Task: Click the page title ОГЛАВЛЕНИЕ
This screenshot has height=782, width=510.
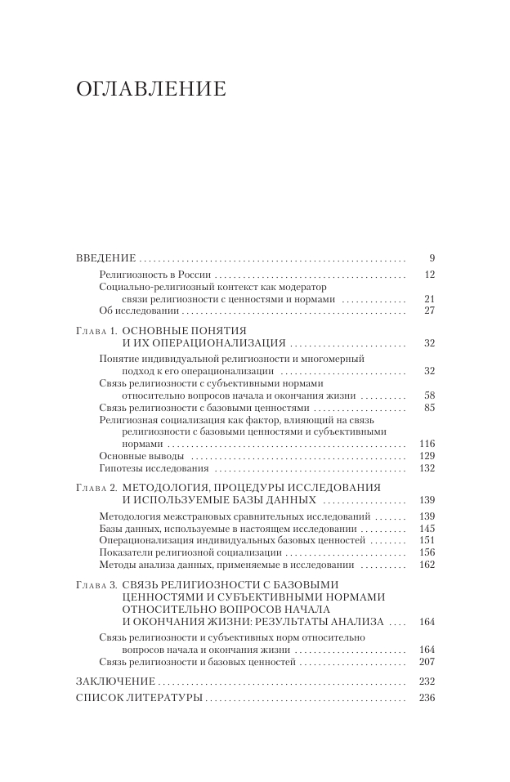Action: [x=150, y=89]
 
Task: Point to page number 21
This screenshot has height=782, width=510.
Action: [x=429, y=299]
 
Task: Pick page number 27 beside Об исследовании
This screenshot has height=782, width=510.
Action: [x=429, y=311]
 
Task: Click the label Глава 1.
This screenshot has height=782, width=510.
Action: [x=96, y=330]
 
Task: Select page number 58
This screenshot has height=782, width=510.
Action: [x=429, y=395]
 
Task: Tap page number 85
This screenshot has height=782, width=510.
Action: [x=429, y=407]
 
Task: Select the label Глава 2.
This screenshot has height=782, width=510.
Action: [x=96, y=487]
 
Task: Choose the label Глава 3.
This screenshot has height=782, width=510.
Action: [x=96, y=584]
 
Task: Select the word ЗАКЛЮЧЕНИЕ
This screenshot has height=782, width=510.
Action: [x=114, y=681]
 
